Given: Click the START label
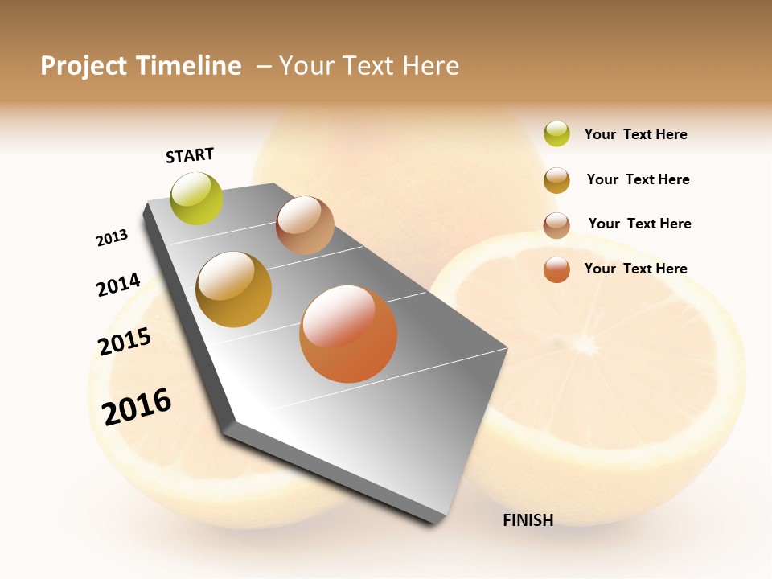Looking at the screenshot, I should point(190,155).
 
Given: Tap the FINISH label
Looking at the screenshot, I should point(528,520).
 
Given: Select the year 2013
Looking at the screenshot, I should point(112,238).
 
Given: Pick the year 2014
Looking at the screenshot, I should point(118,285).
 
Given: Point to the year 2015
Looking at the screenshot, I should point(125,342).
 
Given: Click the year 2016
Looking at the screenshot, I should point(137,406).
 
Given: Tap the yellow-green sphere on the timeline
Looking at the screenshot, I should point(197,198).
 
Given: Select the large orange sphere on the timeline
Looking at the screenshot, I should point(348,334).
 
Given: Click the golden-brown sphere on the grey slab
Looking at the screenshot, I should point(234,289).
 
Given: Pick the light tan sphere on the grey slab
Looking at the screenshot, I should point(305,225).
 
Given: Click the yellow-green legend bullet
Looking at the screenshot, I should point(556,134).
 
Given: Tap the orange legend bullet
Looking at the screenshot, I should point(556,269).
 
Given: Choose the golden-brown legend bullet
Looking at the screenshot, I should point(556,180).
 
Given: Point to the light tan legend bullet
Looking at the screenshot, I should point(556,225).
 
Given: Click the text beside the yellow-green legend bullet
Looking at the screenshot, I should point(635,134).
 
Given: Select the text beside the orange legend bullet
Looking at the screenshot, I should point(635,269).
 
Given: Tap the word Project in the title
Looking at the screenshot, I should point(83,66).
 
